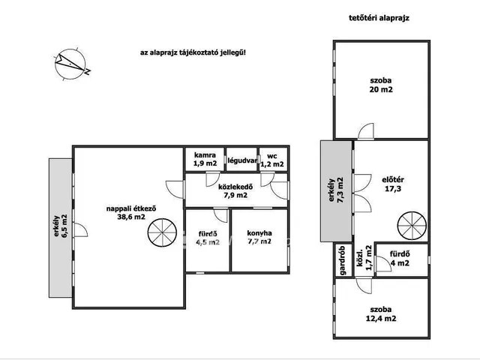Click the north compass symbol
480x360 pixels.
click(x=71, y=64)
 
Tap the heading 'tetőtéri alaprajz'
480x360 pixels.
click(x=379, y=18)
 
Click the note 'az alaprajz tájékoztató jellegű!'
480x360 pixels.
click(x=193, y=52)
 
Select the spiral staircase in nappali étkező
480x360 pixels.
click(x=162, y=232)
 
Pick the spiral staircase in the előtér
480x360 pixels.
click(x=412, y=226)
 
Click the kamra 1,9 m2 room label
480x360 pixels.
click(x=205, y=159)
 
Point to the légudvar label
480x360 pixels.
click(x=241, y=160)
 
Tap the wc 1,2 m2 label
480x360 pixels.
click(x=272, y=160)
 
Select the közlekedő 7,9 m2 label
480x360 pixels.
click(x=235, y=190)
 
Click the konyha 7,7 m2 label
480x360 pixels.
click(x=259, y=237)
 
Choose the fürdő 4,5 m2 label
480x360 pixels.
click(x=208, y=238)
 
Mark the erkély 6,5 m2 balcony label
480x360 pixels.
click(x=60, y=226)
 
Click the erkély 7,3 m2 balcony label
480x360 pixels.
click(x=336, y=190)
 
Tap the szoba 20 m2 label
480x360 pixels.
click(x=381, y=85)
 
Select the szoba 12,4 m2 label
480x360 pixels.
click(x=381, y=314)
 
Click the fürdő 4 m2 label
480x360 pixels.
click(x=400, y=258)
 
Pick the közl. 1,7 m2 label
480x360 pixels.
click(x=364, y=258)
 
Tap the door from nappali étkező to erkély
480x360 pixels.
click(x=81, y=230)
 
